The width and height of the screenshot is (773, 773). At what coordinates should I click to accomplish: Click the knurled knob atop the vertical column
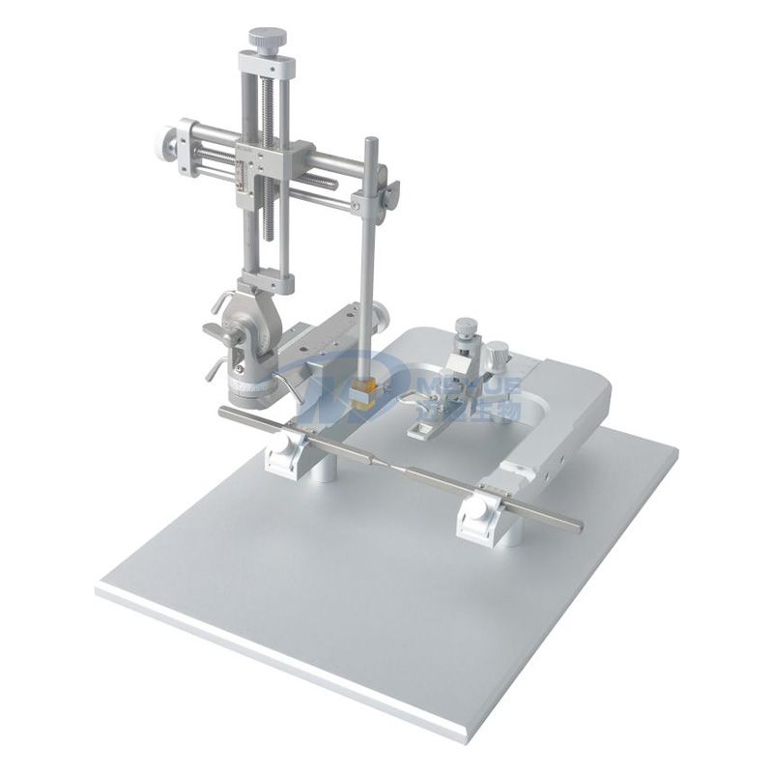(268, 40)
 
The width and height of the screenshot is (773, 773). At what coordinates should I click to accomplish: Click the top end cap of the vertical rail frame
(268, 66)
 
